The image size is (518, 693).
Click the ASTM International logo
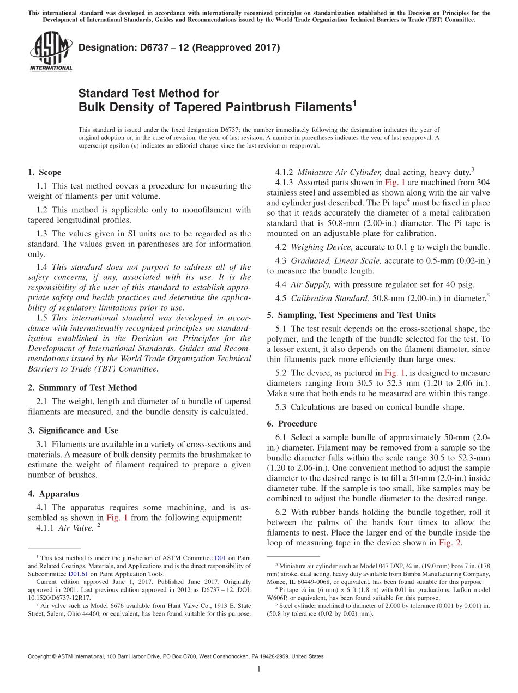click(x=51, y=52)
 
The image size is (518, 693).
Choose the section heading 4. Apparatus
click(x=53, y=494)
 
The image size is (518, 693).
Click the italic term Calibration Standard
click(x=330, y=298)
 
